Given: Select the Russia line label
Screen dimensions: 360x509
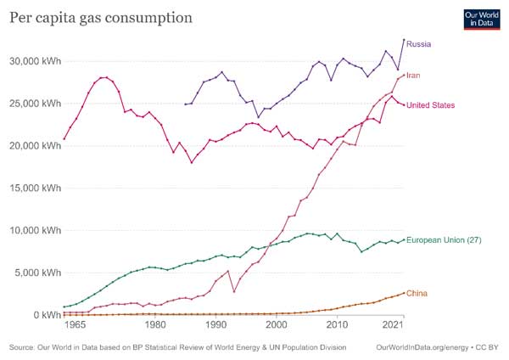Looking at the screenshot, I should pos(419,42).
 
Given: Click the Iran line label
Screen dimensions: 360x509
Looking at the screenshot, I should pos(413,76).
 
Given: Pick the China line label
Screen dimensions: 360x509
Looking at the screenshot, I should pos(417,294).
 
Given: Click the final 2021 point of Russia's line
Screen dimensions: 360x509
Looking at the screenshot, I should pos(404,40).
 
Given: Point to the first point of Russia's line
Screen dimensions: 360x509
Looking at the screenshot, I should pos(185,104).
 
